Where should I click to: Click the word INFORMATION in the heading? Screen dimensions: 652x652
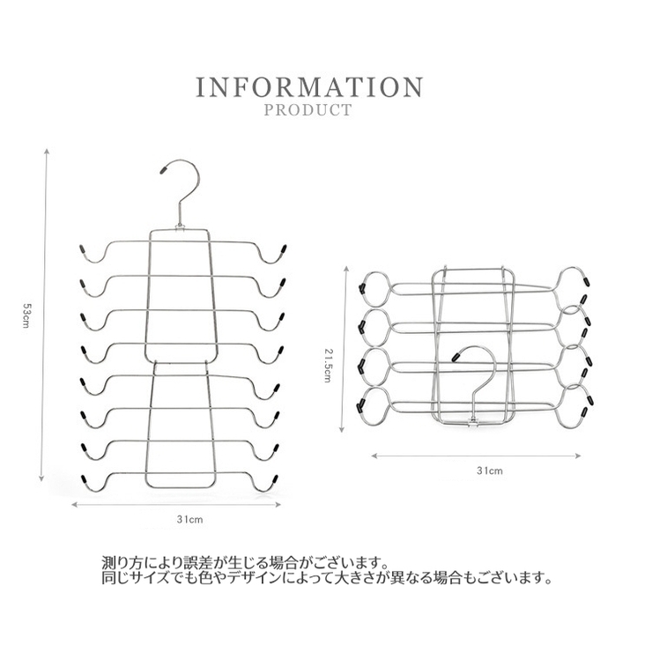[309, 86]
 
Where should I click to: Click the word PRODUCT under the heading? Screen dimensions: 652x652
[308, 110]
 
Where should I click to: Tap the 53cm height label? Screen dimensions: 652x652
[26, 315]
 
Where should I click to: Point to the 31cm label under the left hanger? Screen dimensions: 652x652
[189, 519]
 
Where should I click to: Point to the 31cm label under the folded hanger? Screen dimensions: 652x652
[489, 470]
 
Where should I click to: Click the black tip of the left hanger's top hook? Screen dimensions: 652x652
[164, 169]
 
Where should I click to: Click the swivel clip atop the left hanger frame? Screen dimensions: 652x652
[180, 227]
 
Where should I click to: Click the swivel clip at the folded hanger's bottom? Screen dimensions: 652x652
[473, 421]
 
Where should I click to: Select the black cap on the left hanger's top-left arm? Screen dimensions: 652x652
[81, 250]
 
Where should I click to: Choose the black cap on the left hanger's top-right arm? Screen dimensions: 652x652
[284, 249]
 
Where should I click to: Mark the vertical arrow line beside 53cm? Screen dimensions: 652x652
[44, 315]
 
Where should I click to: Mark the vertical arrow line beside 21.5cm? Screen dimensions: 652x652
[345, 349]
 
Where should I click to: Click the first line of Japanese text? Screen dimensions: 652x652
[245, 563]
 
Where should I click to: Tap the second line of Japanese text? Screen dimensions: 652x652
[327, 578]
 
